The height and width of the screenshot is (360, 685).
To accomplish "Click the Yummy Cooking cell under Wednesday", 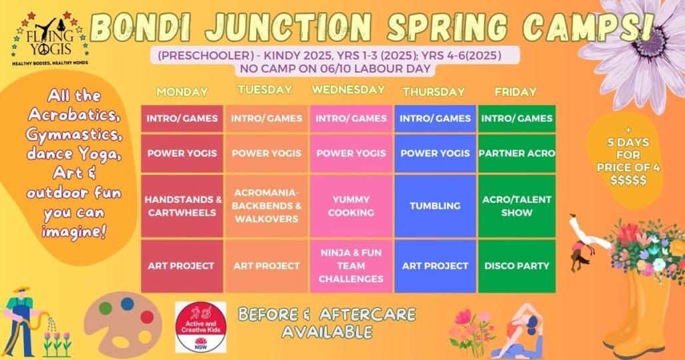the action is pos(350,206).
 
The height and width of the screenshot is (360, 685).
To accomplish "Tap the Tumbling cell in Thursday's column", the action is pos(435,206).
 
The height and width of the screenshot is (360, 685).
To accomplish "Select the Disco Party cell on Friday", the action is pos(517,266).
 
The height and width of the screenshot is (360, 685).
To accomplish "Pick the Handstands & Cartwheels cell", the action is pos(182,206).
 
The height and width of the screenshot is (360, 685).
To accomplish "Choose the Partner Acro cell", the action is pos(517,153).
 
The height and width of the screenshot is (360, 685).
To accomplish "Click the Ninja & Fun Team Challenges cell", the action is pos(350,266).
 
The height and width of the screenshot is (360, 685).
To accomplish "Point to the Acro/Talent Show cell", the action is pos(517,206).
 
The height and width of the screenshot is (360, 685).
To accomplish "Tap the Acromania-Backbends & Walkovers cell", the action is pos(267,206).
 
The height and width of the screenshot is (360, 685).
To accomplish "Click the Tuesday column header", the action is pos(265,90).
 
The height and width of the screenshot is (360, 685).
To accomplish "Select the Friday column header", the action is pos(515,92).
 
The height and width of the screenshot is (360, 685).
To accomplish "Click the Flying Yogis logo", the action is pos(49,39).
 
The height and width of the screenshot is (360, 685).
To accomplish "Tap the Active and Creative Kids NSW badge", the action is pos(201,327).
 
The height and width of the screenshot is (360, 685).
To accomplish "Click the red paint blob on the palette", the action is pos(147,317).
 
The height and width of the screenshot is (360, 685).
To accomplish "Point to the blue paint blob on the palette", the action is pos(127,303).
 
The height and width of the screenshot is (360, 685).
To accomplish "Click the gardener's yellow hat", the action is pos(21,290).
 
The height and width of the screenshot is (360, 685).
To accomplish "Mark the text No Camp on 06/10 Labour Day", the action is pos(335,69).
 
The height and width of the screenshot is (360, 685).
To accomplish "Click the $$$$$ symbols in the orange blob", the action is pos(628,180).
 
